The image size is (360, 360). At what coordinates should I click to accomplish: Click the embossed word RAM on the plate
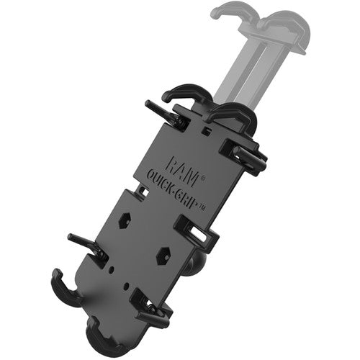click(182, 171)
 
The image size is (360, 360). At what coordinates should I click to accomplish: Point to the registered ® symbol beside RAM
click(203, 179)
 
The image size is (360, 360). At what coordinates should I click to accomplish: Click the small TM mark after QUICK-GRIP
click(202, 207)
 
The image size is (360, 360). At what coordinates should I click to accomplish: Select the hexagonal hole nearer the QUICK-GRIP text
click(125, 220)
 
